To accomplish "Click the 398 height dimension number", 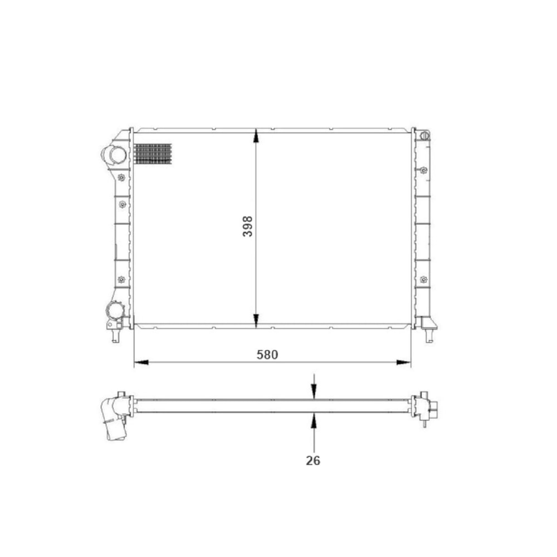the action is [248, 226].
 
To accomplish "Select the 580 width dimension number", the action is [267, 354].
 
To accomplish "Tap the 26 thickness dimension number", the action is [313, 461].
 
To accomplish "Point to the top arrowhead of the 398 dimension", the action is [256, 136].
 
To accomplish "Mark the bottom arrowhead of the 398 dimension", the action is [256, 321].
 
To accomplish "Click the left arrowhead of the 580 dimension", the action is [141, 363].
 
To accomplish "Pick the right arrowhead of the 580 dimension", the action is [403, 363].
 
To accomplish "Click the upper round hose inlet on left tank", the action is [117, 155].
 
